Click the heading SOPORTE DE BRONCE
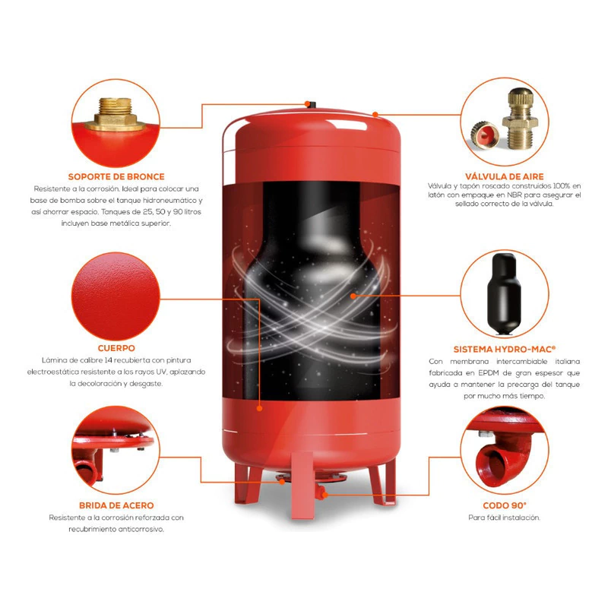coord(116,177)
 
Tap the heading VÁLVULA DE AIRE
coord(505,177)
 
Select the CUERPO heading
coord(116,348)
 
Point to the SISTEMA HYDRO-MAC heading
coord(505,350)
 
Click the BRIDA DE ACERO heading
coord(116,505)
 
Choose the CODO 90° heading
coord(505,505)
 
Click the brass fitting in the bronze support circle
coord(116,114)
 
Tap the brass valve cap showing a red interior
coord(485,135)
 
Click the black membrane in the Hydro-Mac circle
coord(504,293)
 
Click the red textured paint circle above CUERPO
coord(116,296)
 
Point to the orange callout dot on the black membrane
coord(353,296)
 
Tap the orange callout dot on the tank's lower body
coord(259,408)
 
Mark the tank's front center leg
coord(302,486)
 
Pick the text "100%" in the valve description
coord(562,186)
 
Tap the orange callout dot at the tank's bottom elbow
coord(325,495)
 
